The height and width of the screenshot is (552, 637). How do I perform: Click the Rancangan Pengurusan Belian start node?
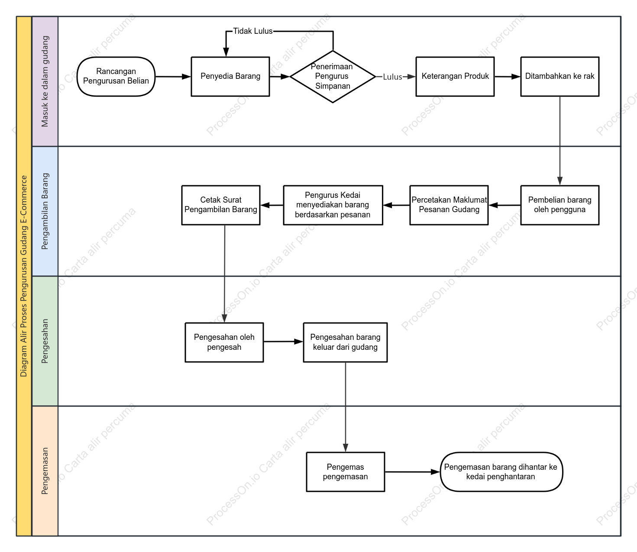click(116, 76)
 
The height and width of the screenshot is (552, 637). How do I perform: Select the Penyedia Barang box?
click(230, 76)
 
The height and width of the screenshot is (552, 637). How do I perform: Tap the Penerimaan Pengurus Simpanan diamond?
click(333, 76)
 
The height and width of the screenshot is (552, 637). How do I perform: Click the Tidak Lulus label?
click(253, 31)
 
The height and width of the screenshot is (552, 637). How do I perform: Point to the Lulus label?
click(392, 77)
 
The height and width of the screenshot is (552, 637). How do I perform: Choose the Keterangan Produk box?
click(455, 76)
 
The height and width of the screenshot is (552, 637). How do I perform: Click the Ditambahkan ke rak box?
click(559, 76)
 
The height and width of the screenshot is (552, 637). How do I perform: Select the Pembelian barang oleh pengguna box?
click(559, 205)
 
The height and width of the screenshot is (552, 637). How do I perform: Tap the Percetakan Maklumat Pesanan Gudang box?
click(449, 205)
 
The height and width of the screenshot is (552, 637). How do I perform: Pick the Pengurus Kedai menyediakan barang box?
click(333, 205)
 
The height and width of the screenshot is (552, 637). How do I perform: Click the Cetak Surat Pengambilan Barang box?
click(221, 205)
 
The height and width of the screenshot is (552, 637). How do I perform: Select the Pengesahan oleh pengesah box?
click(224, 342)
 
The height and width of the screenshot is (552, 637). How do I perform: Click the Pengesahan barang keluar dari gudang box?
click(345, 342)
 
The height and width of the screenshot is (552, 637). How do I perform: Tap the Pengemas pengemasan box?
click(345, 471)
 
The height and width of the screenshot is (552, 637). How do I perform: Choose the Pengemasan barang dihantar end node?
click(501, 471)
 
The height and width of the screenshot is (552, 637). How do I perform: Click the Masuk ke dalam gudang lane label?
click(45, 81)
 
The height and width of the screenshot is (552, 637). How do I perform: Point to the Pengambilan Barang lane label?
click(45, 211)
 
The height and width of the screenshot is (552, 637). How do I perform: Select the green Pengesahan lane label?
click(45, 341)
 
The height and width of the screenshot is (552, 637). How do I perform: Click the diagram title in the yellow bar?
click(24, 276)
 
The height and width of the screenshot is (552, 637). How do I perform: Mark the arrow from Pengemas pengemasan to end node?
click(412, 471)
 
